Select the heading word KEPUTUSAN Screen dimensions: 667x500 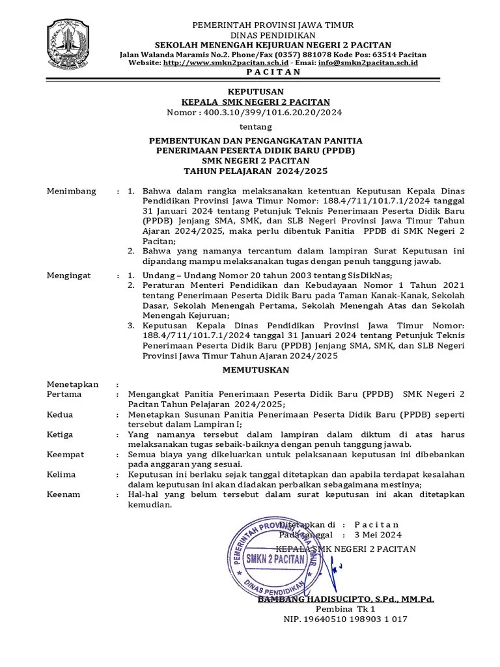[255, 91]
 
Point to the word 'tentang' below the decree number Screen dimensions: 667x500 [255, 127]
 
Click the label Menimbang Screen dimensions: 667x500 [72, 191]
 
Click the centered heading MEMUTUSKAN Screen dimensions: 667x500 [255, 369]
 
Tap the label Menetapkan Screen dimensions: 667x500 [73, 384]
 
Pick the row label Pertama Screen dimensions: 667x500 [64, 394]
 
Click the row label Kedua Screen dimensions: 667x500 [61, 414]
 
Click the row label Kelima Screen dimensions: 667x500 [62, 474]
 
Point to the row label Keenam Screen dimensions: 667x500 [64, 494]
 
